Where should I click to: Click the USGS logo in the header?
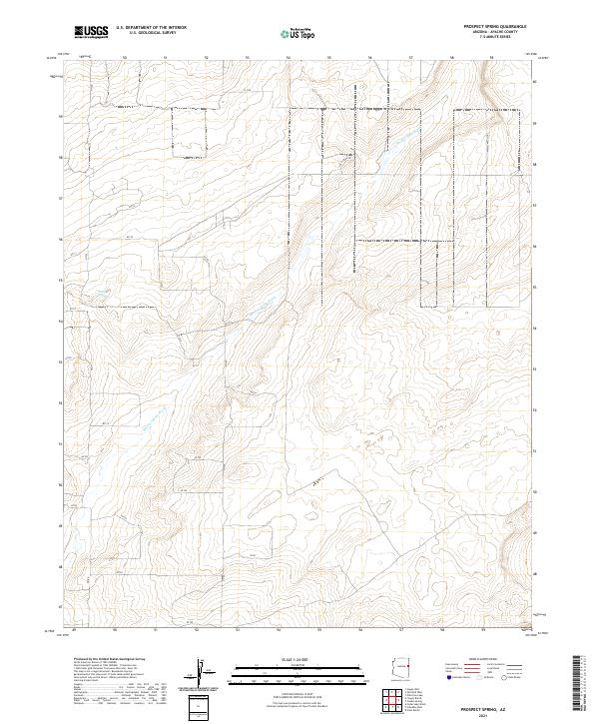(91, 32)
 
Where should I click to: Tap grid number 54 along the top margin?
(287, 58)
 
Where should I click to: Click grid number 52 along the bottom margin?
(197, 631)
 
